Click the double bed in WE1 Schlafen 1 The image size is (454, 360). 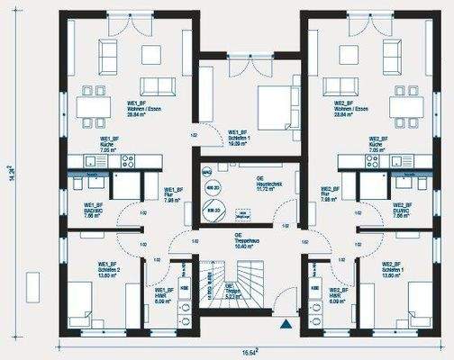[x=273, y=106]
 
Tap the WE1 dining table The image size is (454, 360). [x=95, y=106]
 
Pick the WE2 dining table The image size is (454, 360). [x=404, y=106]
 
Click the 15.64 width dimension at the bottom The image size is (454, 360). [x=248, y=352]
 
